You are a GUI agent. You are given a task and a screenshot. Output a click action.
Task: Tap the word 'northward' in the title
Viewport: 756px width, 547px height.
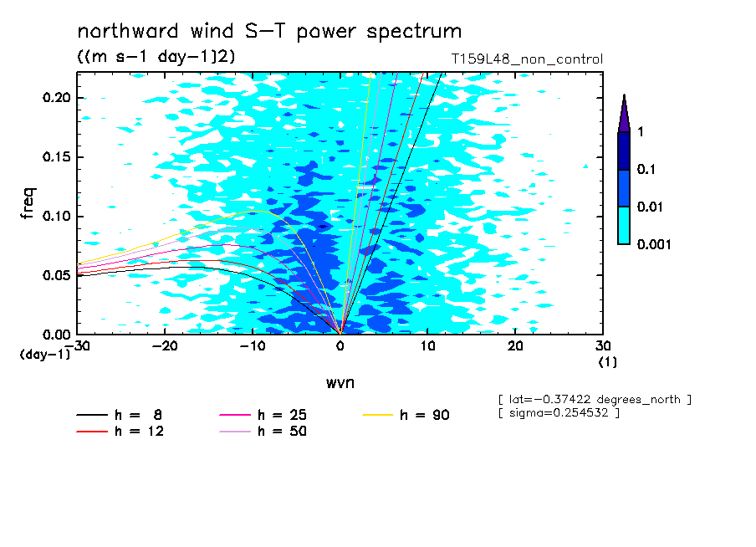(128, 31)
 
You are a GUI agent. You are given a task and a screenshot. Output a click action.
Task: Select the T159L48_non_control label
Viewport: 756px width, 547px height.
(527, 59)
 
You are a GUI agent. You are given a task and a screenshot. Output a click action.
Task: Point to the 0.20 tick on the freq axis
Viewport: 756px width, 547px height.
(57, 97)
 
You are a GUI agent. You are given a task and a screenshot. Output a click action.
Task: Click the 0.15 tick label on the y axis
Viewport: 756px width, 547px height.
(57, 156)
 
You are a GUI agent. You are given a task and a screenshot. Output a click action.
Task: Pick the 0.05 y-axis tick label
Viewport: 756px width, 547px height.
(57, 275)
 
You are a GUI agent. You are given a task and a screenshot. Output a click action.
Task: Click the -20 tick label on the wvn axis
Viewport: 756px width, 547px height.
(165, 346)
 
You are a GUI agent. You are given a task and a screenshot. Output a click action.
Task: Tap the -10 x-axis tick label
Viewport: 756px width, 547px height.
(253, 346)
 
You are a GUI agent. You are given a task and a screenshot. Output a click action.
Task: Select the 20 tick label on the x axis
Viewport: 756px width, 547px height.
(515, 346)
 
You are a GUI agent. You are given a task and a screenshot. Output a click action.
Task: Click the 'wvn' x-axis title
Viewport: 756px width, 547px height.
(340, 383)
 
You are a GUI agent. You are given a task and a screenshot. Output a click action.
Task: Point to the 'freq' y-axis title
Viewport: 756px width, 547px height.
(28, 203)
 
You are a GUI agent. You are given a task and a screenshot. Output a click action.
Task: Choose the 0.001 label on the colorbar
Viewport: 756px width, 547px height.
(654, 244)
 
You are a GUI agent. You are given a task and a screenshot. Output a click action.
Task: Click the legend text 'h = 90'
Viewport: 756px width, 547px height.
(425, 415)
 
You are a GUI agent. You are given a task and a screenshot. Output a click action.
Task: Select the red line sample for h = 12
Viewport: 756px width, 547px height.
(92, 431)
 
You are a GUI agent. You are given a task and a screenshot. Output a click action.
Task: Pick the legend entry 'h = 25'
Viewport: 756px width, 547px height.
(282, 415)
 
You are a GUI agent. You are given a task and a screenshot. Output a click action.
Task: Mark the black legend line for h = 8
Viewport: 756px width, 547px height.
(92, 414)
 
